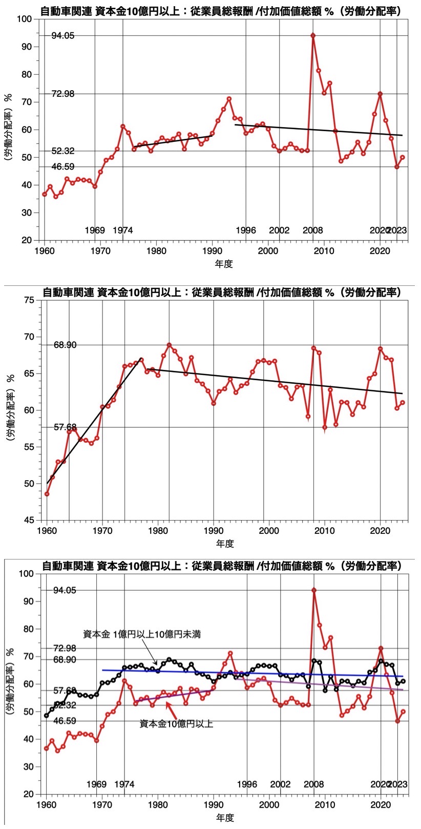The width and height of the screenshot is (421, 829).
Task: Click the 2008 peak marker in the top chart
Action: [313, 35]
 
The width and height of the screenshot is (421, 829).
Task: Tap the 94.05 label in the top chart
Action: [63, 35]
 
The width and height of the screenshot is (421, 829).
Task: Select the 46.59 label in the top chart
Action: [63, 167]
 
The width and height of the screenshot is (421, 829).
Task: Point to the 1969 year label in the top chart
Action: [96, 231]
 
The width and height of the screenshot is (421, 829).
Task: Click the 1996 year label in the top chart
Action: [246, 231]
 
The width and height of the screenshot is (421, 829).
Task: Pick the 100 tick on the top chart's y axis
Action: [25, 19]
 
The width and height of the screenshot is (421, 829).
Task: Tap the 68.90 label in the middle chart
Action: [65, 345]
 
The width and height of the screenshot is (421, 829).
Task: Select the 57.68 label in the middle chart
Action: [65, 427]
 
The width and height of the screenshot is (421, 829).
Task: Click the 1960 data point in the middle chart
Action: [47, 494]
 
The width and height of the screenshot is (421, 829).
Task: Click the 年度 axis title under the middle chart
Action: [224, 544]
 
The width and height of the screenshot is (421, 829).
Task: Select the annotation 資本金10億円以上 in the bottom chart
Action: [176, 724]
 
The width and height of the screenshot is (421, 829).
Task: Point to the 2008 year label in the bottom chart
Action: [313, 784]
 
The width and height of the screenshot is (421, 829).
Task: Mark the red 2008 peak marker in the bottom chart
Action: [314, 590]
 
